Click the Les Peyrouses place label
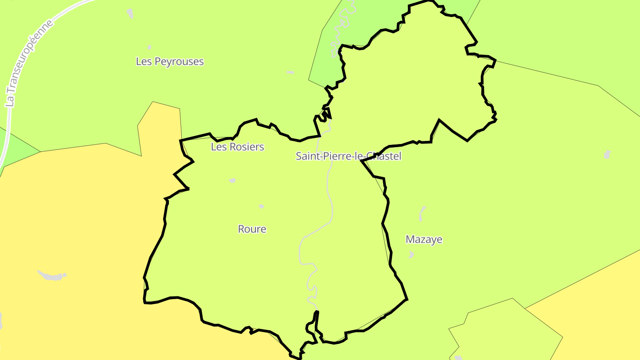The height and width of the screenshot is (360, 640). coord(170,61)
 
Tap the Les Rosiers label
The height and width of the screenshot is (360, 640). coord(237,147)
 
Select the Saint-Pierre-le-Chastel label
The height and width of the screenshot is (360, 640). coord(348,156)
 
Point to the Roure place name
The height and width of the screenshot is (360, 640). coord(252,229)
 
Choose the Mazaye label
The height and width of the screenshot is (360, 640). coord(424,240)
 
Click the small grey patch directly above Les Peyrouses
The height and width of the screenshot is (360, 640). coord(149,47)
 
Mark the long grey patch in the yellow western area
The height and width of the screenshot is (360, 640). coord(52,276)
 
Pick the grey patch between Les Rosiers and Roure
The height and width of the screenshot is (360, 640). coord(232,180)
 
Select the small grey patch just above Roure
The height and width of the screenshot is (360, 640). coord(261,206)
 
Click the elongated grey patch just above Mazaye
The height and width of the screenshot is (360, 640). coord(422,213)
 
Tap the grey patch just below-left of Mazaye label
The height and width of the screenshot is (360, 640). coord(411,255)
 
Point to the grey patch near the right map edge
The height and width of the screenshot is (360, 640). coord(607,154)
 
